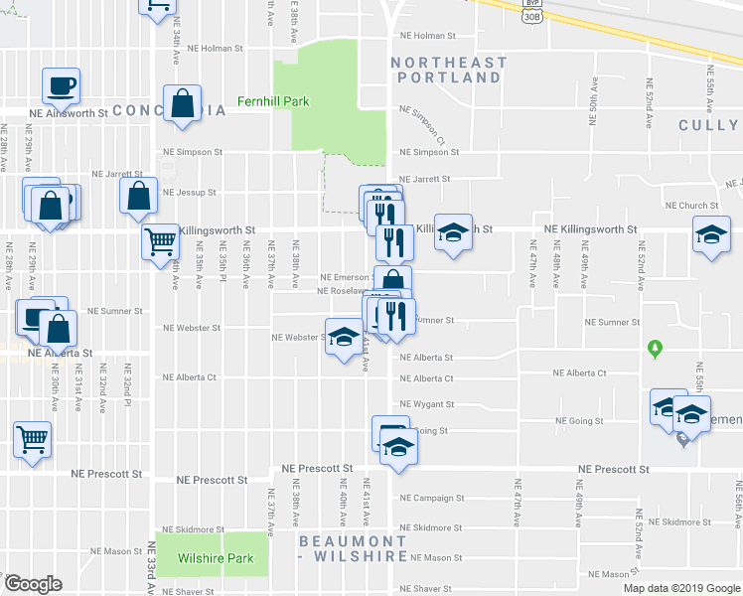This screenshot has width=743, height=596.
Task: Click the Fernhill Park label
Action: tap(272, 101)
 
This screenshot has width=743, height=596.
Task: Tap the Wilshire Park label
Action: tap(215, 558)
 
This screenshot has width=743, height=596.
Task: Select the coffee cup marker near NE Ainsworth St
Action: tap(61, 85)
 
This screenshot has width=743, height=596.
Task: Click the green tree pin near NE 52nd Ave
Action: tap(654, 349)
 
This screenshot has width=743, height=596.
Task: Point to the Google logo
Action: tap(33, 584)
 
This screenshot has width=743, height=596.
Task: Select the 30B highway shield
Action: tap(531, 15)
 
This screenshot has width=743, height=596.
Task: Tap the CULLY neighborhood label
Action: tap(709, 125)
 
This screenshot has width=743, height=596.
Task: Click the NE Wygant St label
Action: tap(426, 404)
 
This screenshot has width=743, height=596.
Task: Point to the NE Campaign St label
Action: tap(432, 498)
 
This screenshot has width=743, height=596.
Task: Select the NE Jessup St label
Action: tap(189, 192)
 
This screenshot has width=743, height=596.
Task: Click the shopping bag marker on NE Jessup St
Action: tap(138, 196)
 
